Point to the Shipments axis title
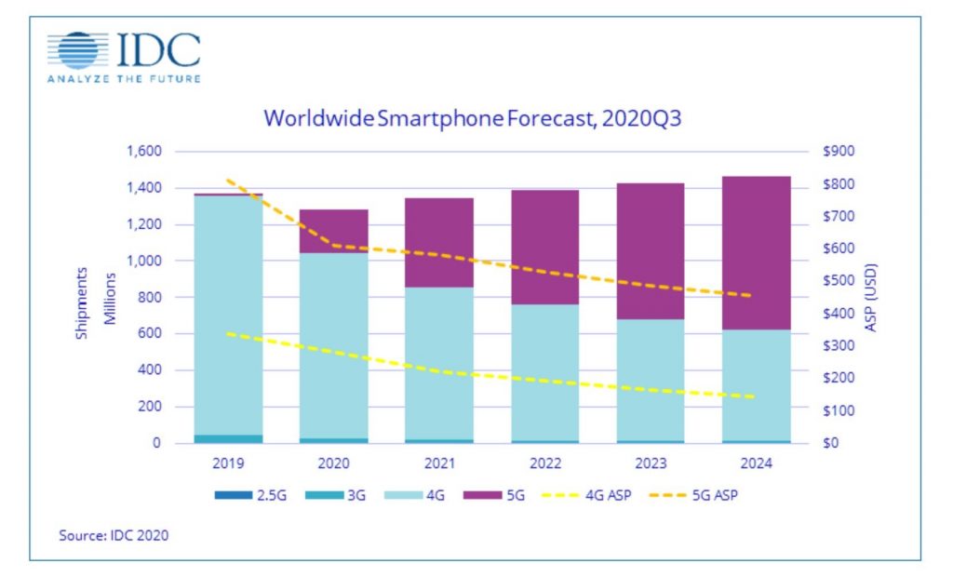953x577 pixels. click(83, 302)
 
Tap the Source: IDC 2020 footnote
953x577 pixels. click(107, 535)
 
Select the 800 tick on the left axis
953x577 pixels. click(149, 298)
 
